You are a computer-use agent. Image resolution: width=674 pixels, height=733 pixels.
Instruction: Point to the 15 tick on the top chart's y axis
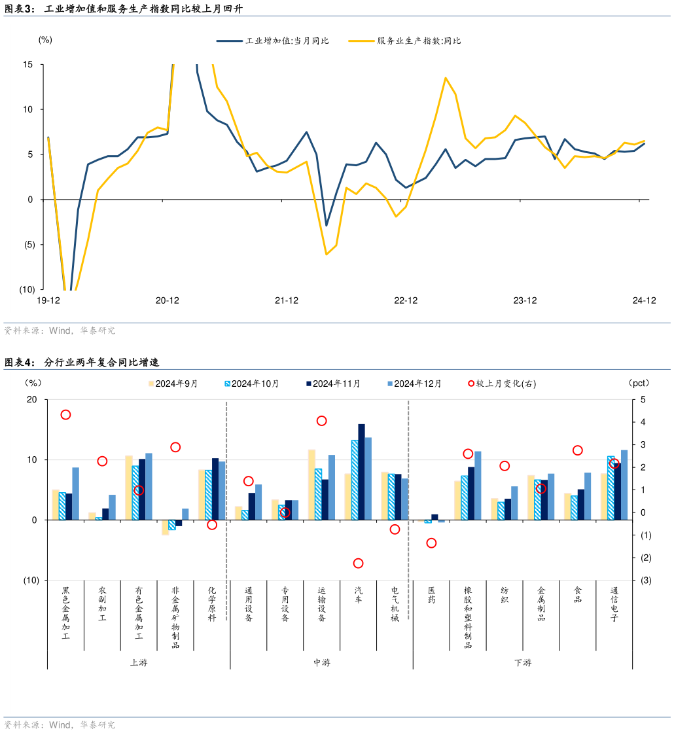pyautogui.click(x=28, y=64)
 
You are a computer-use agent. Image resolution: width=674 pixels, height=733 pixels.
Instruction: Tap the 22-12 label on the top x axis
pyautogui.click(x=406, y=300)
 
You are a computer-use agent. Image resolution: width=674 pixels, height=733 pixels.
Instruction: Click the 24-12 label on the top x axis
pyautogui.click(x=644, y=300)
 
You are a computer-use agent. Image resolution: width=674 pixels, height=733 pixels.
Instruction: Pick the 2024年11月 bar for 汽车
pyautogui.click(x=361, y=472)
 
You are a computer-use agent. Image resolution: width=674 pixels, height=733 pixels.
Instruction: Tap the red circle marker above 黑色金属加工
pyautogui.click(x=65, y=415)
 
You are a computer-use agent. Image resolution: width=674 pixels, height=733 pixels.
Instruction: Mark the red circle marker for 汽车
pyautogui.click(x=358, y=563)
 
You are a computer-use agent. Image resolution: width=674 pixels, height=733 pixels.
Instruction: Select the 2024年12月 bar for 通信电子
pyautogui.click(x=624, y=485)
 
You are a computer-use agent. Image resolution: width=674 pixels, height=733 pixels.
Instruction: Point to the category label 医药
pyautogui.click(x=431, y=594)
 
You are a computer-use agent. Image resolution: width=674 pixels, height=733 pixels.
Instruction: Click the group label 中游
pyautogui.click(x=321, y=662)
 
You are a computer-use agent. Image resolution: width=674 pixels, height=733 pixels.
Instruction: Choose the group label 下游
pyautogui.click(x=523, y=662)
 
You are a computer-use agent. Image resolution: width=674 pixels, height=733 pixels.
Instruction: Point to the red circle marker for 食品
pyautogui.click(x=578, y=450)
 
